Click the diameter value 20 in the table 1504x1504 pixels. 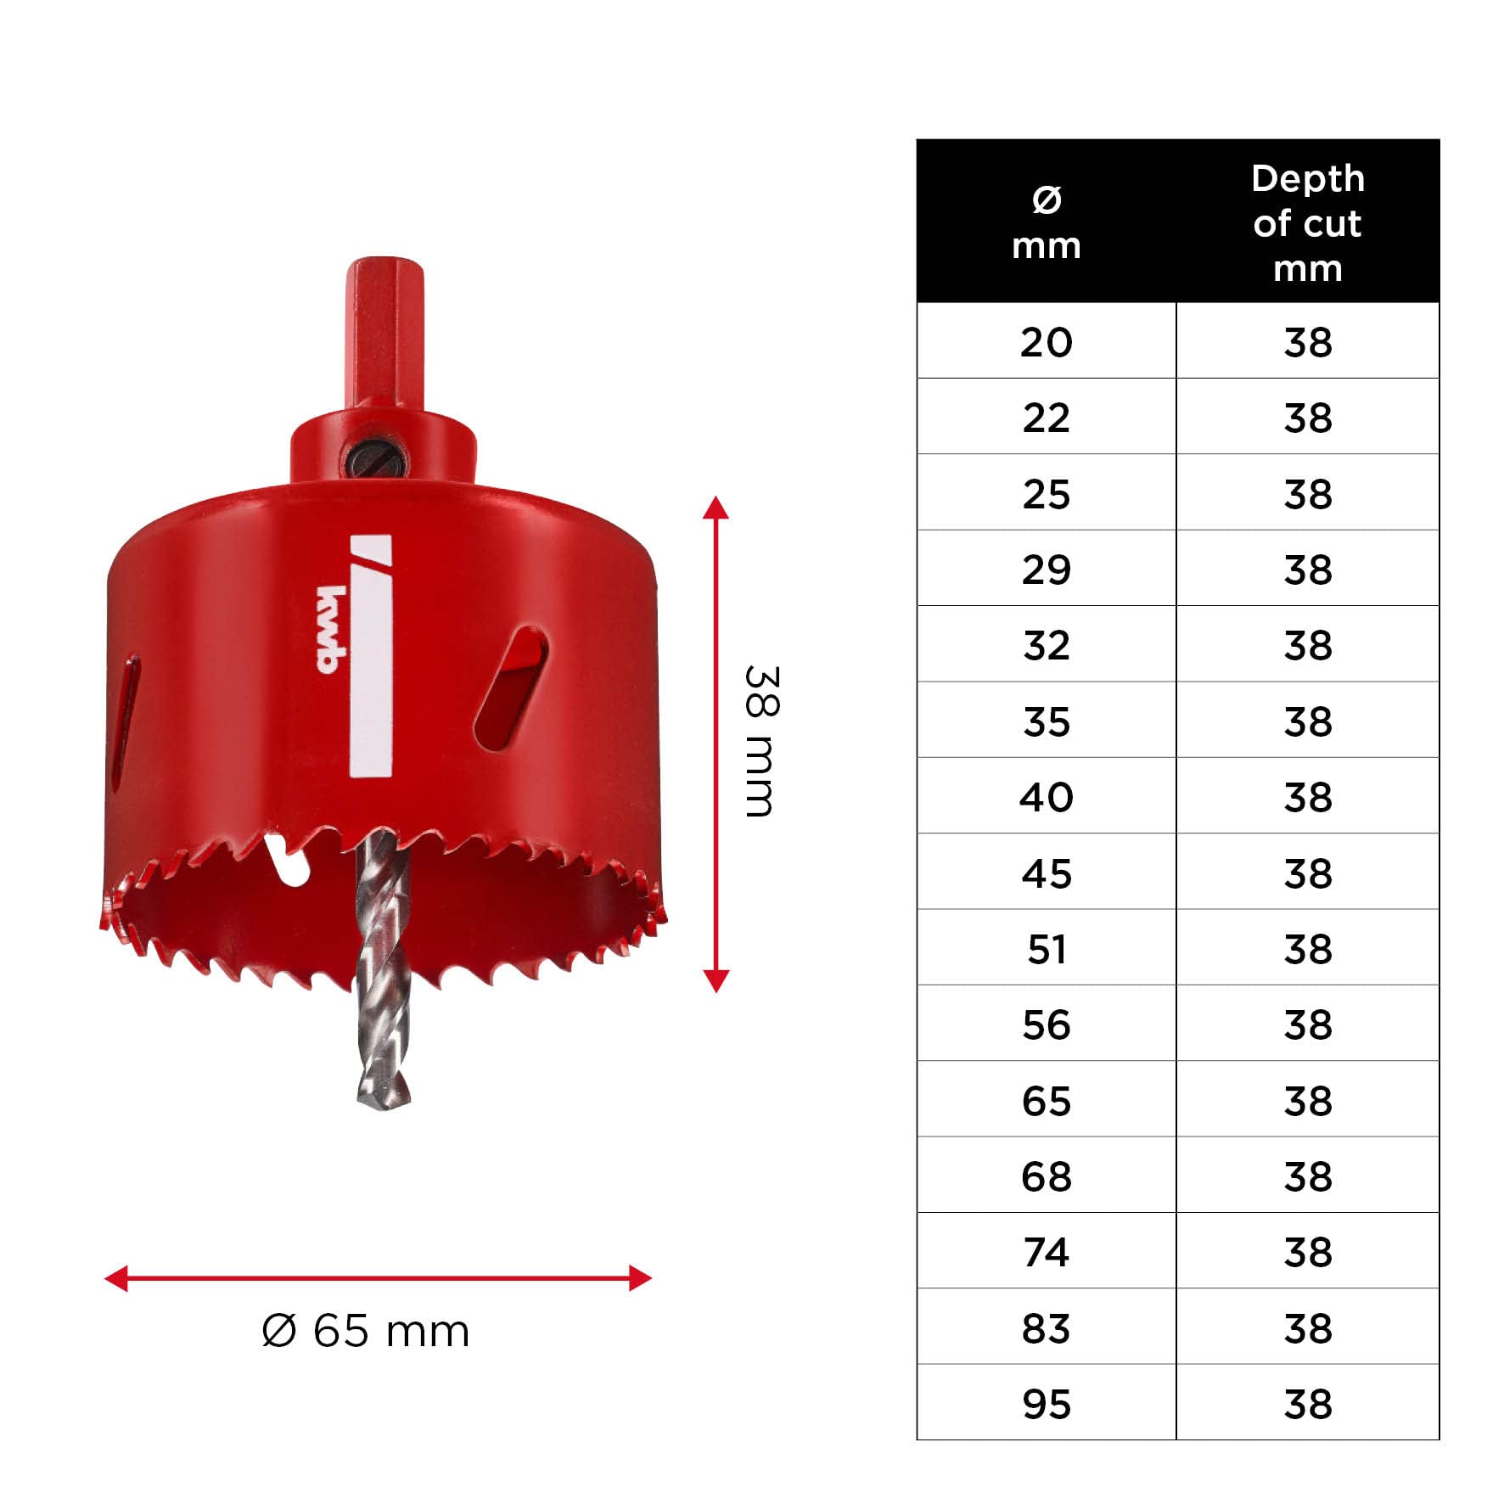[x=1046, y=342]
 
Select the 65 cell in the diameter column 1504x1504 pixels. [x=1046, y=1101]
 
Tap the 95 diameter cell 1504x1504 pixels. [x=1046, y=1404]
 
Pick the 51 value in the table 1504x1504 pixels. [x=1046, y=949]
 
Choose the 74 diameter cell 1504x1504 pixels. [x=1046, y=1252]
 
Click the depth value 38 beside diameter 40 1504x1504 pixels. [x=1308, y=797]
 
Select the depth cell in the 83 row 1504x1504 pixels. [x=1308, y=1328]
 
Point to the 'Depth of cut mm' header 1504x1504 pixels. [x=1308, y=223]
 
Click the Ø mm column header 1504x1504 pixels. [x=1047, y=223]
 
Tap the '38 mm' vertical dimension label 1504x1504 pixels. [x=760, y=742]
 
